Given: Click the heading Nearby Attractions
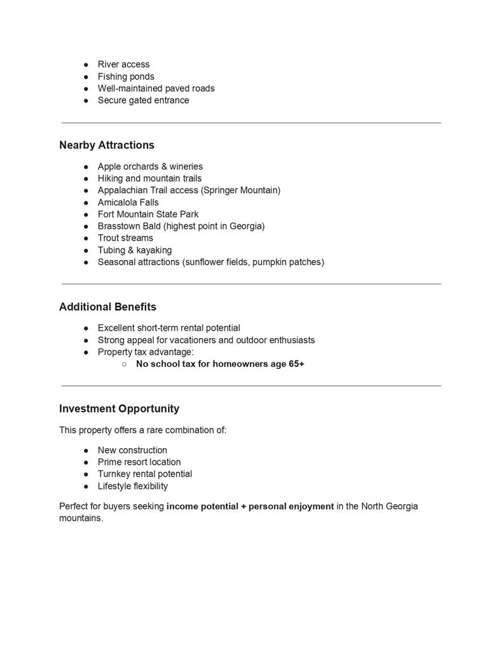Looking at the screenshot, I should point(107,145).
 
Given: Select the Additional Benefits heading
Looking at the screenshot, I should point(107,306).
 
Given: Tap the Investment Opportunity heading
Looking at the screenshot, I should point(119,408).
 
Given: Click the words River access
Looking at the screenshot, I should point(123,64).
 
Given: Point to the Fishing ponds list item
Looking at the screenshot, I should point(126,76).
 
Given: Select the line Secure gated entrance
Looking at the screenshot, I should point(143,100).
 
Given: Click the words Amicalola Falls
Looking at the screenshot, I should point(128,202).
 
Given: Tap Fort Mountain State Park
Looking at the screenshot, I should point(148,214).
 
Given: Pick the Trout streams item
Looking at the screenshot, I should point(125,238).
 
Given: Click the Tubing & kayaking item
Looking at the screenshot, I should point(134,250).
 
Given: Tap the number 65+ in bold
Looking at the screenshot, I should point(296,364).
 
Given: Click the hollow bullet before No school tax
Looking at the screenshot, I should point(124,364).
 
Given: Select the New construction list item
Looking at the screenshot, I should point(132,450).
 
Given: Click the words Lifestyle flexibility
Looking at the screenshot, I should point(132,486).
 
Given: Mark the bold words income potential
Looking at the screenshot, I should point(202,506).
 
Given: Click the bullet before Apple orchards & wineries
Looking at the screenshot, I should point(86,167).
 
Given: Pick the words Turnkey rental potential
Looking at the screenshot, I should point(144,474).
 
